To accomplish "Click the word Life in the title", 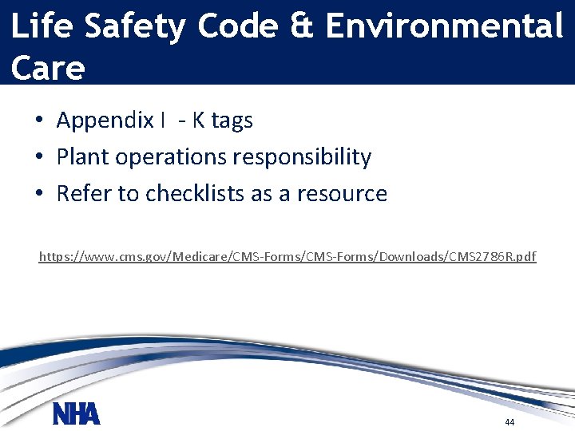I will (41, 26).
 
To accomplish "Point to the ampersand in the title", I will (303, 26).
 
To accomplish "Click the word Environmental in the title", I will (444, 26).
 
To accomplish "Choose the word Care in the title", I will (48, 69).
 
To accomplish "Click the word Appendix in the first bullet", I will (105, 121).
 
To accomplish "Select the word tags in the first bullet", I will (232, 121).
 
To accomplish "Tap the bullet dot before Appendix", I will (38, 121).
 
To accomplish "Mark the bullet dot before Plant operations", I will (38, 158).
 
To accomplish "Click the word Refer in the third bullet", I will (83, 194).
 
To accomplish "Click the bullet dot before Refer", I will (38, 195).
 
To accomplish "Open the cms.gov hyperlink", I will (287, 256).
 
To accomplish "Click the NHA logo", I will (77, 413).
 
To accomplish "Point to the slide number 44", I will (510, 422).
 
